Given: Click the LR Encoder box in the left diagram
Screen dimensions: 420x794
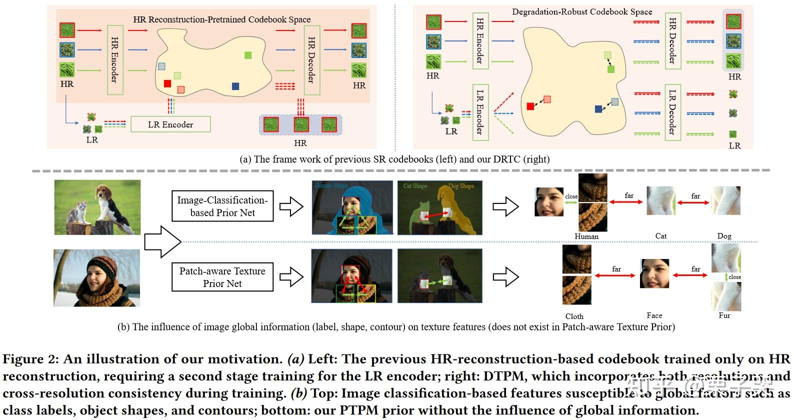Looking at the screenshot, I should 170,124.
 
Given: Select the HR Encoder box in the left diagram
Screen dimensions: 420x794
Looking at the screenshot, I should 115,60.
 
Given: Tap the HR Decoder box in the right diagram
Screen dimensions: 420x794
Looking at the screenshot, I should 672,41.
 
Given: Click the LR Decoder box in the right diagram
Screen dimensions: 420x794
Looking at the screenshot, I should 672,112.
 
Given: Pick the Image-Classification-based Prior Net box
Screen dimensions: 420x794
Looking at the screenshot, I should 222,206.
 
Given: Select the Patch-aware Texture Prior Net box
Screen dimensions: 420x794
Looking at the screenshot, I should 222,277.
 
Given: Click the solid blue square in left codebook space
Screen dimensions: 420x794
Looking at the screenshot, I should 235,86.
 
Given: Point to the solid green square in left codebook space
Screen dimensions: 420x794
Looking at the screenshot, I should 248,55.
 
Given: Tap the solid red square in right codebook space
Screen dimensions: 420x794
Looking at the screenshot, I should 530,106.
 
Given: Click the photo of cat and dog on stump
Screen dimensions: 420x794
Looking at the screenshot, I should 97,207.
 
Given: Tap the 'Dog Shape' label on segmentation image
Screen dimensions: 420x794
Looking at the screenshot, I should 461,186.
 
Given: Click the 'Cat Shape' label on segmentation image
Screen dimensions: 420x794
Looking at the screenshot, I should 415,186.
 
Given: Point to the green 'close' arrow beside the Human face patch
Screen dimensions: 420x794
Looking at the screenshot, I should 571,202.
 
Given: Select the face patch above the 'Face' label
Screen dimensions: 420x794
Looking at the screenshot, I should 654,274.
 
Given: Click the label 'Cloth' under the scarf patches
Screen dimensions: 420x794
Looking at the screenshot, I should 574,316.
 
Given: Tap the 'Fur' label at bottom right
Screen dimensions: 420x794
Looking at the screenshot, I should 724,315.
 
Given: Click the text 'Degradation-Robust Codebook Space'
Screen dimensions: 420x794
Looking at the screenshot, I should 582,11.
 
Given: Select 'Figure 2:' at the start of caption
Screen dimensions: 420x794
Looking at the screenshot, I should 30,359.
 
